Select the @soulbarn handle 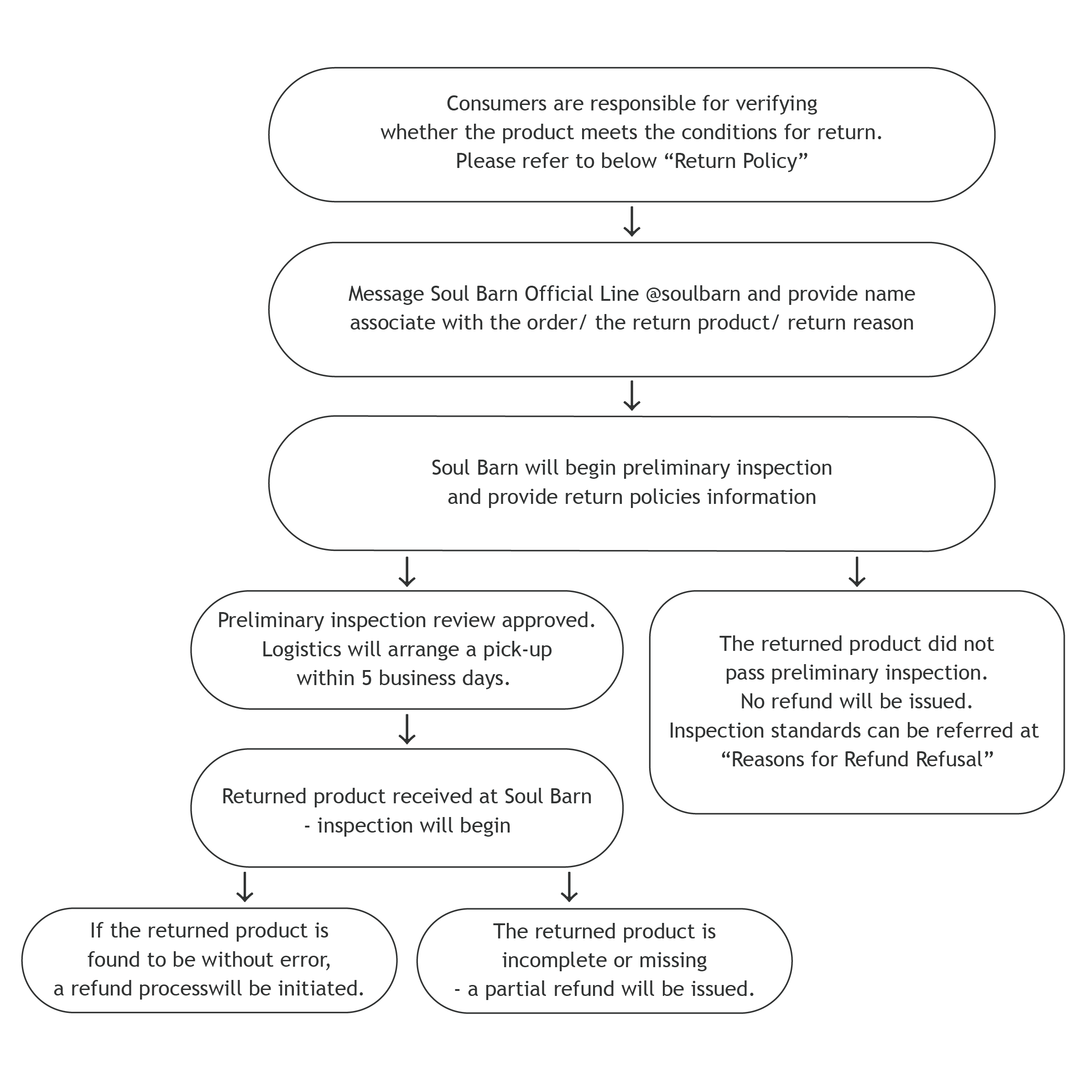click(693, 294)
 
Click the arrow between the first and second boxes click(631, 222)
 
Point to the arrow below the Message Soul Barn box click(631, 396)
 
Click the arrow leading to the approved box click(407, 571)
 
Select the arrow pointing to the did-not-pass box click(856, 571)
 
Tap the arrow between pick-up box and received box click(407, 729)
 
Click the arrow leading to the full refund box click(245, 887)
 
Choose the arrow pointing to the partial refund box click(568, 887)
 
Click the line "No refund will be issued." click(856, 702)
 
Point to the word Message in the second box click(386, 294)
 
